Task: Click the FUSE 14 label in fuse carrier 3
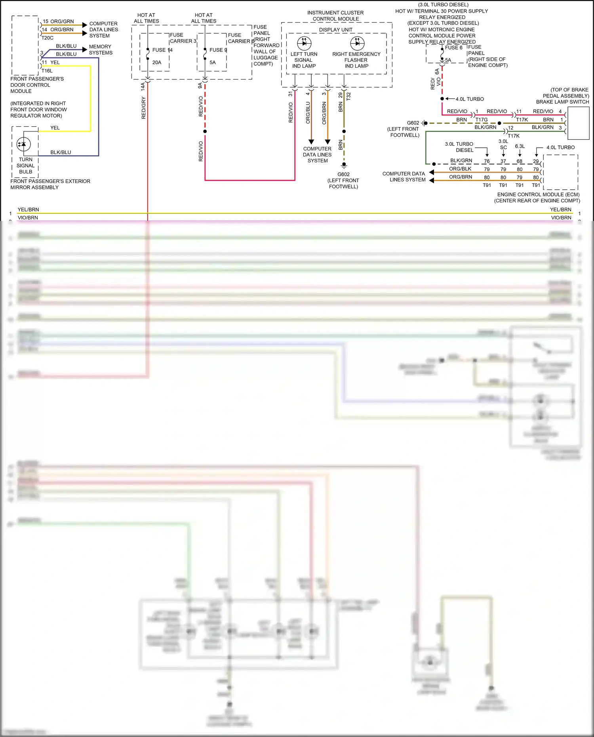point(162,50)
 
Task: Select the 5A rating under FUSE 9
point(213,63)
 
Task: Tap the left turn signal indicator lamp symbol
point(304,43)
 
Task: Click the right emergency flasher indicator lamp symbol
point(357,43)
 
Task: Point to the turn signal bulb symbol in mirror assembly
point(24,144)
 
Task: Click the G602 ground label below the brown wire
point(343,174)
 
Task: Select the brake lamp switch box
point(578,123)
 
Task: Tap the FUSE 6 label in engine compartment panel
point(453,48)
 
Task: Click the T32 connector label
point(348,96)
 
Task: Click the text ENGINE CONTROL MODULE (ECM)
point(538,194)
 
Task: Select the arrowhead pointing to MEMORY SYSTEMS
point(84,50)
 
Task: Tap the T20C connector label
point(48,38)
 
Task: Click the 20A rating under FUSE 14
point(157,63)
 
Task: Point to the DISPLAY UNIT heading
point(335,30)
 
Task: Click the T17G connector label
point(482,120)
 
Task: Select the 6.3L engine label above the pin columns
point(520,146)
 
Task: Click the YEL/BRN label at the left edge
point(28,209)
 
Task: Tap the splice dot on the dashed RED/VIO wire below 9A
point(205,131)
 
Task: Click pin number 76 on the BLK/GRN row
point(487,161)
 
